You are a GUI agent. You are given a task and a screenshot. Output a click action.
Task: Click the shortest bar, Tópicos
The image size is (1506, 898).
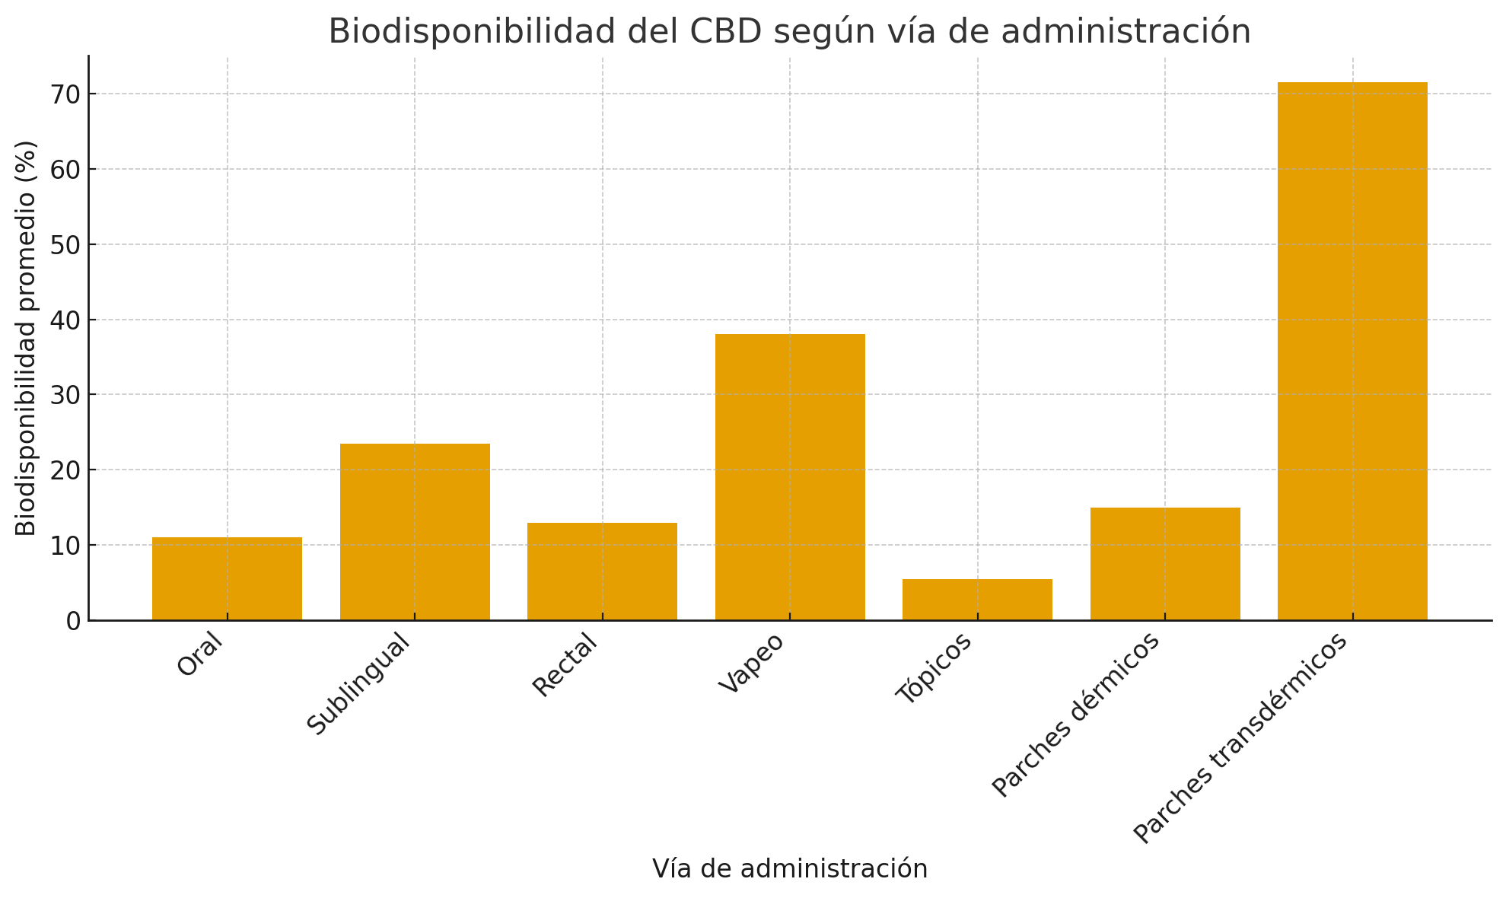[x=977, y=600]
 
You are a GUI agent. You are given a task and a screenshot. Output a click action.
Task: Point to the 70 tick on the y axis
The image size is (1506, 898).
[x=65, y=94]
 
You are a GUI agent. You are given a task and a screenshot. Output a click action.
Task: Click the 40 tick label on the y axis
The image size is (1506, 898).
[x=65, y=320]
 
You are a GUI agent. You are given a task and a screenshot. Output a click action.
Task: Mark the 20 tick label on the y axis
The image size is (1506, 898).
[x=65, y=470]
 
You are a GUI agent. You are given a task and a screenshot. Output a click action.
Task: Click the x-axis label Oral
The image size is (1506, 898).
[x=201, y=654]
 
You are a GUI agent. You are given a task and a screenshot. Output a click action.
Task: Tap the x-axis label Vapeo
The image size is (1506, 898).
[x=752, y=663]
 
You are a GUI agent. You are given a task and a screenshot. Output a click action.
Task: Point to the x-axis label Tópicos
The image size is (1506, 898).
[x=934, y=668]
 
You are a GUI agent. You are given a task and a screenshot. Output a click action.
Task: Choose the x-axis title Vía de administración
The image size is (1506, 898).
[x=790, y=869]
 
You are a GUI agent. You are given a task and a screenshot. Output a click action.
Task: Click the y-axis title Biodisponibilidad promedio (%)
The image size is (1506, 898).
[x=26, y=338]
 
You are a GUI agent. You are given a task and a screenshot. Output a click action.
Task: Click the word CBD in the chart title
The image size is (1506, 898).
[x=726, y=32]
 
